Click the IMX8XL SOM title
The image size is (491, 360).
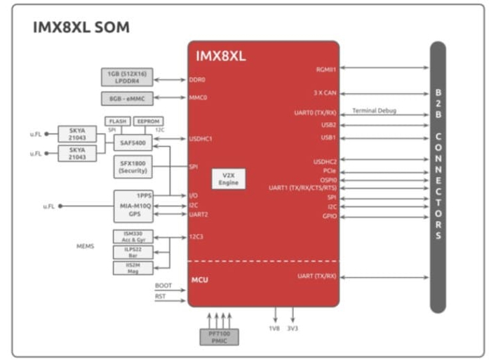tap(81, 28)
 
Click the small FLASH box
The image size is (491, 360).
tap(117, 121)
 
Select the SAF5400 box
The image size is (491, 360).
tap(133, 142)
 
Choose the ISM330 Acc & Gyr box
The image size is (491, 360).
tap(133, 236)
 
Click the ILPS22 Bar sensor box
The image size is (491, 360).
tap(133, 252)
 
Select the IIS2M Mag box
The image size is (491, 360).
tap(133, 267)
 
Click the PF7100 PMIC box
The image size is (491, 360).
tap(219, 337)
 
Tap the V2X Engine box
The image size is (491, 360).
tap(229, 179)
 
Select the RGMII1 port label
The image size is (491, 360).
tap(326, 69)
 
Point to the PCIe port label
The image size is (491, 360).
tap(329, 170)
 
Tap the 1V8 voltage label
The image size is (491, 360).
tap(274, 328)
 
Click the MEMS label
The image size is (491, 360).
tap(86, 246)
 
